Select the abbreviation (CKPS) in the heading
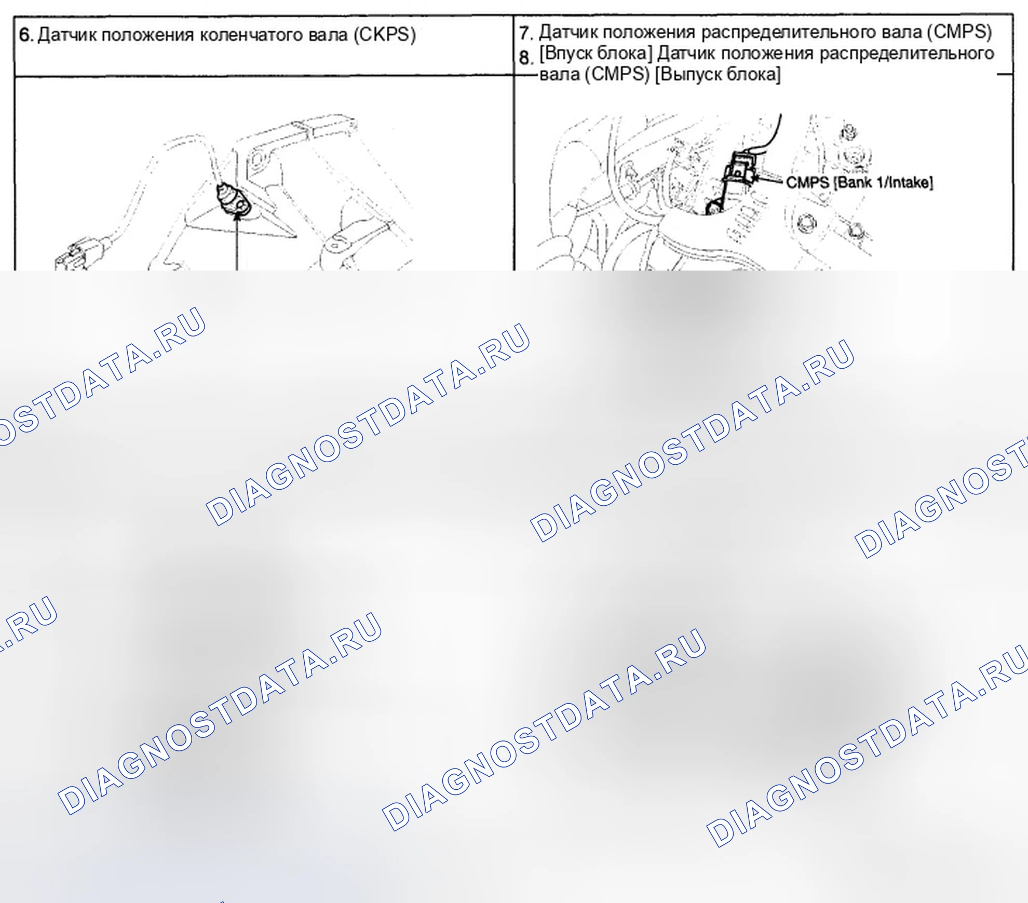tap(385, 35)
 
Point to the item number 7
tap(526, 33)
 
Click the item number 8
tap(525, 58)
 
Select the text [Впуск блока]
tap(596, 54)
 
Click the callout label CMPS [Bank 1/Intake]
tap(859, 183)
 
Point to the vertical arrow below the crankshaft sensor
tap(237, 241)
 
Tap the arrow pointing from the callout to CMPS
tap(768, 180)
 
